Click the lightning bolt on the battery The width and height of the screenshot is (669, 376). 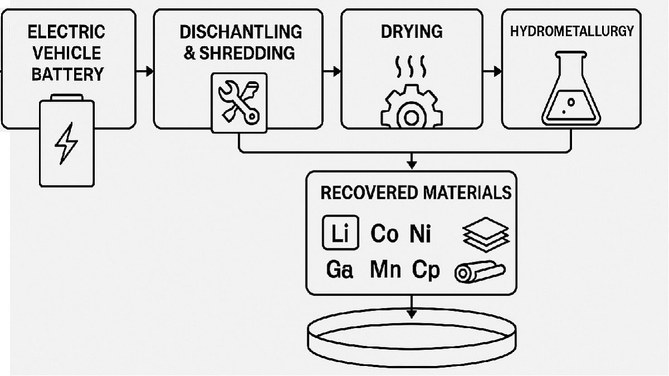click(x=66, y=144)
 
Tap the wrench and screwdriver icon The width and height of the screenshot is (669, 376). click(x=239, y=102)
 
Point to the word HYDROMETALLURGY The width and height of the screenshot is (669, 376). click(x=572, y=31)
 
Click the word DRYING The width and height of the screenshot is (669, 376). click(x=411, y=31)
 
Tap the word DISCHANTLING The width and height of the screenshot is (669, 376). click(x=240, y=31)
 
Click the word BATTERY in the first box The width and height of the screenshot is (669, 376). click(x=67, y=74)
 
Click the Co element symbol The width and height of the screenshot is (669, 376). click(x=384, y=234)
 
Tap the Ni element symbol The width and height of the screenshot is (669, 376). click(x=420, y=234)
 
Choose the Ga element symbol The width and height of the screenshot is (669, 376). click(x=340, y=271)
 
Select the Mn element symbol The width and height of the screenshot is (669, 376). click(x=385, y=271)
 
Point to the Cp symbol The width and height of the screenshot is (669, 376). click(x=426, y=271)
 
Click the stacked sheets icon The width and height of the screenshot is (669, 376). click(x=486, y=234)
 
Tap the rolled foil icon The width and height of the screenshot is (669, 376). click(x=479, y=272)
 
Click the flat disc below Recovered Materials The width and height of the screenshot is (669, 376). click(x=411, y=334)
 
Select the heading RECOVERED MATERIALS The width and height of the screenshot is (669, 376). click(x=415, y=193)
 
